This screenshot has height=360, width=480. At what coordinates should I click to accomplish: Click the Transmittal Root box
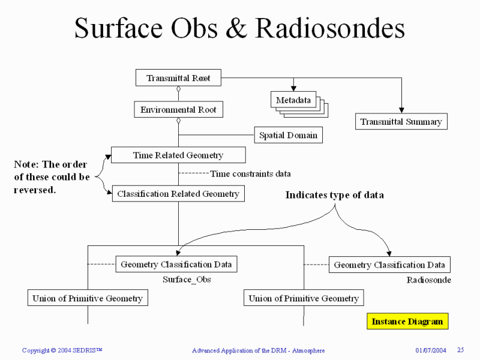pos(177,77)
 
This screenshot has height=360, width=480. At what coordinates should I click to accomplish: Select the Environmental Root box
pos(178,110)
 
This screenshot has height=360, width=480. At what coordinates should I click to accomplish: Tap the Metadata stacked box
pos(293,100)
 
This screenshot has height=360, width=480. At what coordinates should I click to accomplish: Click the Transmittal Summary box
pos(401,122)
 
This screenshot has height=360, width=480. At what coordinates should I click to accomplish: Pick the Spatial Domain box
pos(288,135)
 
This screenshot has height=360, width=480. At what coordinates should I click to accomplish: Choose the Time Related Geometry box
pos(178,155)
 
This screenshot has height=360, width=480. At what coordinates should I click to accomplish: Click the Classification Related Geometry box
pos(178,193)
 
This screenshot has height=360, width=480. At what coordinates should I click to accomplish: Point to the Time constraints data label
pos(250,174)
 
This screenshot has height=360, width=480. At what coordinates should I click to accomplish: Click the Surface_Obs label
pos(187,280)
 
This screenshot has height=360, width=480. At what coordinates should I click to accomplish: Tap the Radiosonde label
pos(428,280)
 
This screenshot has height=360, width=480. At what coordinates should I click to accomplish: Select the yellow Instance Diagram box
pos(407,321)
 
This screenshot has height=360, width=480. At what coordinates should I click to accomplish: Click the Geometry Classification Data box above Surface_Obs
pos(176,264)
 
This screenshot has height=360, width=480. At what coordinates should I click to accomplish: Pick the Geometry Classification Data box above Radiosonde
pos(389,265)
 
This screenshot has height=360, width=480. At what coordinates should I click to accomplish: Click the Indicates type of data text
pos(334,195)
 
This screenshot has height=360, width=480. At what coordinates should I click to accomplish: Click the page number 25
pos(461,350)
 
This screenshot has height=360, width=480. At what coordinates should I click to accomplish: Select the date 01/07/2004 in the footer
pos(431,350)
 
